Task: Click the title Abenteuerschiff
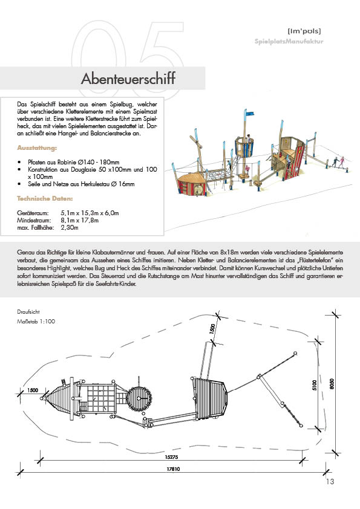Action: [x=128, y=78]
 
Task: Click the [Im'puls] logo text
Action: [x=304, y=31]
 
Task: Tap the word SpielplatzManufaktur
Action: [x=289, y=41]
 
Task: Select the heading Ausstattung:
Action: [x=37, y=148]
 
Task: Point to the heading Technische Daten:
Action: [x=45, y=198]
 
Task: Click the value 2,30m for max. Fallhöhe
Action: [x=70, y=227]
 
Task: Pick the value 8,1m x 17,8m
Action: [x=80, y=220]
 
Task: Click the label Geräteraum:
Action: [x=33, y=213]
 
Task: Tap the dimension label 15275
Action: [x=171, y=457]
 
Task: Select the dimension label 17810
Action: [x=173, y=468]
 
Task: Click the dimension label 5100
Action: [x=314, y=385]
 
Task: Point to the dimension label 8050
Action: [x=332, y=384]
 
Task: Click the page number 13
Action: [x=330, y=481]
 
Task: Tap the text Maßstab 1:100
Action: [x=36, y=322]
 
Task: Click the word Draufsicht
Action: [x=28, y=312]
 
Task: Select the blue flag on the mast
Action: [x=249, y=114]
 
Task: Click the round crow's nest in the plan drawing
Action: [x=139, y=399]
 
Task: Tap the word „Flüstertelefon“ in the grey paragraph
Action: [x=316, y=260]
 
